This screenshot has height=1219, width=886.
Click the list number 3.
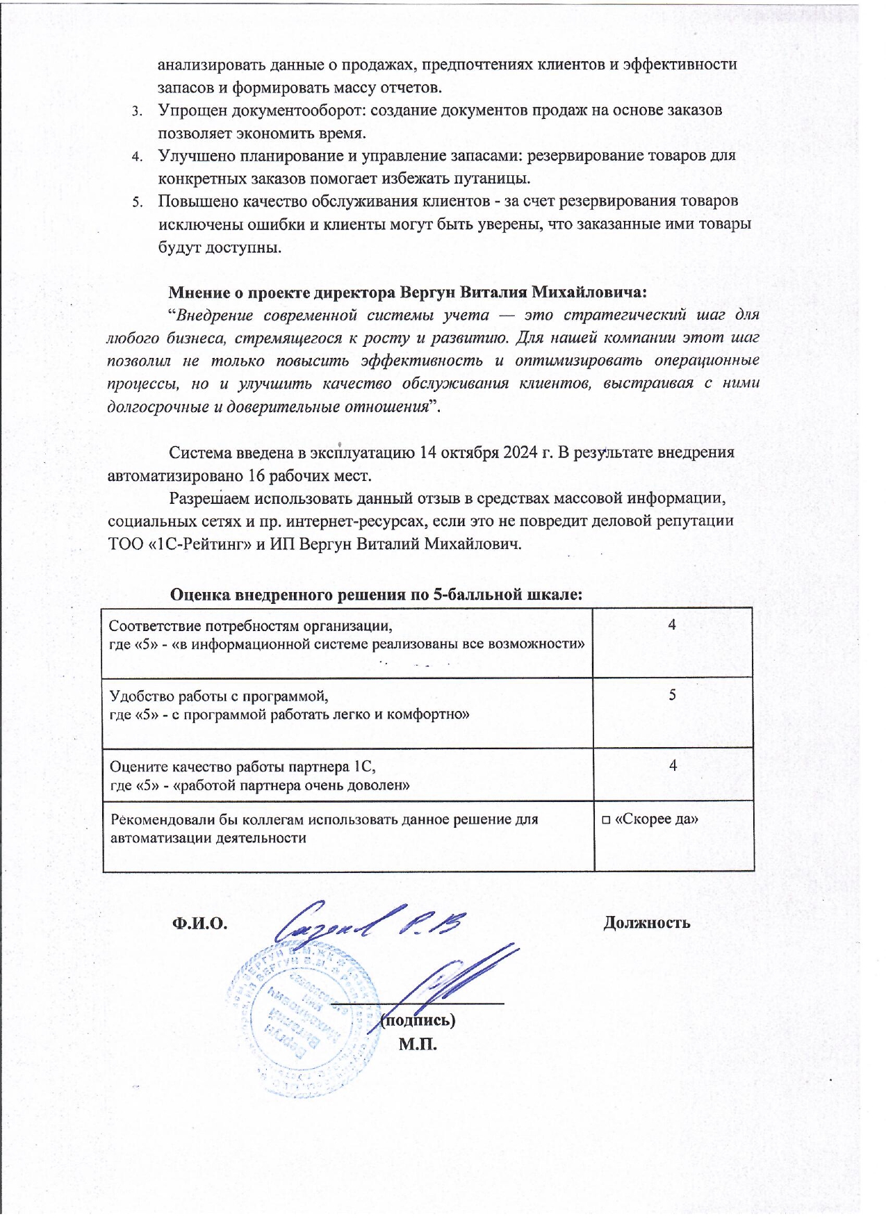pos(138,111)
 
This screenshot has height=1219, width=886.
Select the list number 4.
pos(138,156)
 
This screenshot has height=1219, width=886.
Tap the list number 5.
pos(138,202)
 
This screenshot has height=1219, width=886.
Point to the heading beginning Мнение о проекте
pos(408,291)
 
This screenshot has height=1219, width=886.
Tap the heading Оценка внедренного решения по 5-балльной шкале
pos(376,595)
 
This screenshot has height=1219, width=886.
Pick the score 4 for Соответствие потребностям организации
pos(672,625)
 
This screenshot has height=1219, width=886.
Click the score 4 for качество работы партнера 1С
pos(673,766)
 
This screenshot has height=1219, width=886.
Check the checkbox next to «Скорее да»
pos(606,820)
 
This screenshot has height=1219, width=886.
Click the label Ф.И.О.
pos(200,923)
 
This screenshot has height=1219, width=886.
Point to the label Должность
pos(646,923)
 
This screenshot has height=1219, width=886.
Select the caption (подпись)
pos(418,1020)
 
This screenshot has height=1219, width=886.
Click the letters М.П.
pos(418,1044)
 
